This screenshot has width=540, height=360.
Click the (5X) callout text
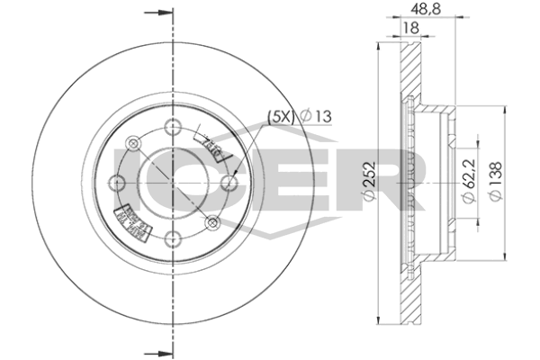[x=280, y=115]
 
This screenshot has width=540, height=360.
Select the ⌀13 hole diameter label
[x=316, y=115]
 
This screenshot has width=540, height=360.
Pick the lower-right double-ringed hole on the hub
[x=212, y=222]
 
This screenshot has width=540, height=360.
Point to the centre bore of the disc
[x=170, y=181]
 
